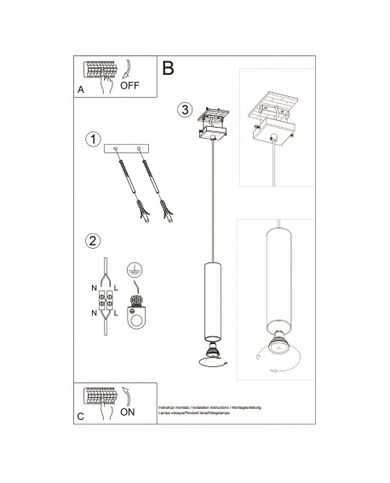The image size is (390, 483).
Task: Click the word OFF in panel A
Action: [130, 86]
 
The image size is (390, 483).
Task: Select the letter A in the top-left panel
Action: [80, 88]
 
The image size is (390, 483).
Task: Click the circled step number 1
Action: [95, 139]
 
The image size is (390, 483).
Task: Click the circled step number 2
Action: [95, 240]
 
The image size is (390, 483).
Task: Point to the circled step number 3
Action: [185, 109]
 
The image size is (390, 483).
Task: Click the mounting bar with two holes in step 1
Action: [124, 148]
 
